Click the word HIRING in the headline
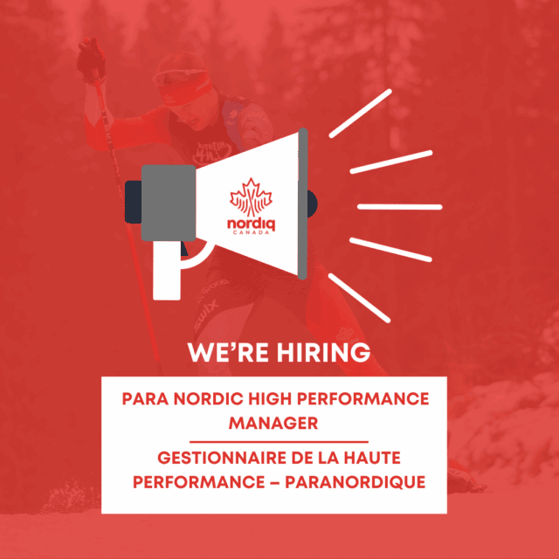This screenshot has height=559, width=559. coord(324,352)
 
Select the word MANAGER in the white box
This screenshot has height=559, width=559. coord(273,423)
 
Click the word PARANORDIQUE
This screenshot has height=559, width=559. coord(355,482)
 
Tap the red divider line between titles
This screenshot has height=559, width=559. coord(279,442)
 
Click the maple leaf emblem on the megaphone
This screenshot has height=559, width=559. coord(251,197)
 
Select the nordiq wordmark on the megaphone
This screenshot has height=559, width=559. coord(251,224)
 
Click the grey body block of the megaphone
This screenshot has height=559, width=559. coord(169,203)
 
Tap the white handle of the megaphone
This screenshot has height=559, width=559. coord(167,270)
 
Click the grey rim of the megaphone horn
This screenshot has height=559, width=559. coord(303,204)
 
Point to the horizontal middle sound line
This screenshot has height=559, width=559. coord(400,207)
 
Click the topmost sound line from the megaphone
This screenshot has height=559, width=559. coord(360,114)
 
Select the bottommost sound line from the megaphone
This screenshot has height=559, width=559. coord(359,298)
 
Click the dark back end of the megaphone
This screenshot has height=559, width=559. coord(134,202)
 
